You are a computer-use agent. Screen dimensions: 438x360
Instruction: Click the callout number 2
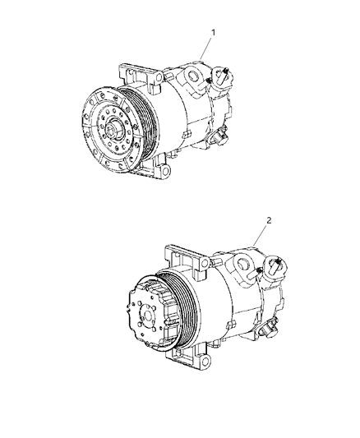click(x=267, y=220)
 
